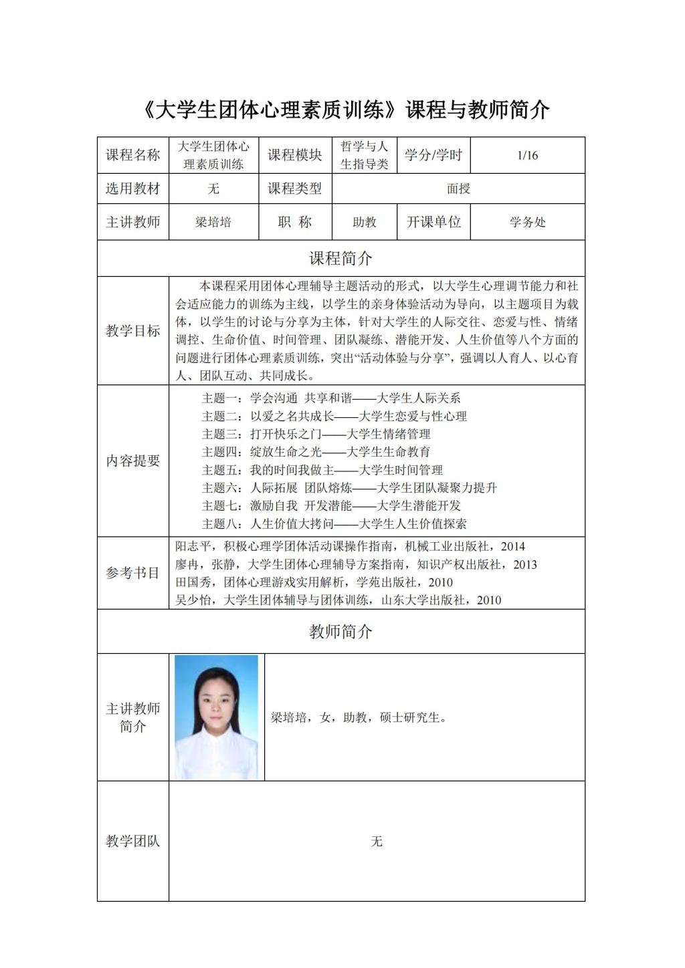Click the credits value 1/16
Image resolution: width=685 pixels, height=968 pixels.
(527, 156)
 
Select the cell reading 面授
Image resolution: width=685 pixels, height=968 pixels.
(458, 189)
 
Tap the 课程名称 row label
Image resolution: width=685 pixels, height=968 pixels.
(133, 156)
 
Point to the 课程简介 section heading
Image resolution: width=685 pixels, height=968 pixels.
(340, 259)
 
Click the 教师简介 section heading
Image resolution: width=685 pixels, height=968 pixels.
(340, 632)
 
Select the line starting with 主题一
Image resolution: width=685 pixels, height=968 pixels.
(331, 398)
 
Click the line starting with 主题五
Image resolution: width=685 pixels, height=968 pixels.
(322, 470)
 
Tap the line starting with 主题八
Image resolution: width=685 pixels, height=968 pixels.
(334, 523)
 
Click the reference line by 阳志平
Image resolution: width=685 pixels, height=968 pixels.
(350, 547)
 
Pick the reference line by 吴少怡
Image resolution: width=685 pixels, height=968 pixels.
(338, 600)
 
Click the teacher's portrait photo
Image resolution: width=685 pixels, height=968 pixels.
(216, 717)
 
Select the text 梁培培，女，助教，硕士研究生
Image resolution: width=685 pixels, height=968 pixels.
(358, 718)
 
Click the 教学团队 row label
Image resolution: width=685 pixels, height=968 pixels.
(133, 841)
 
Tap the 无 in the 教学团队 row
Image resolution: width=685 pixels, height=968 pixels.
(377, 841)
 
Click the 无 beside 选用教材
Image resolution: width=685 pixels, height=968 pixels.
(213, 189)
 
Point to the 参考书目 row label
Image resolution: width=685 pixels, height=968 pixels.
(133, 574)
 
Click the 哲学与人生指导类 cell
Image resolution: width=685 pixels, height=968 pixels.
(365, 156)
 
